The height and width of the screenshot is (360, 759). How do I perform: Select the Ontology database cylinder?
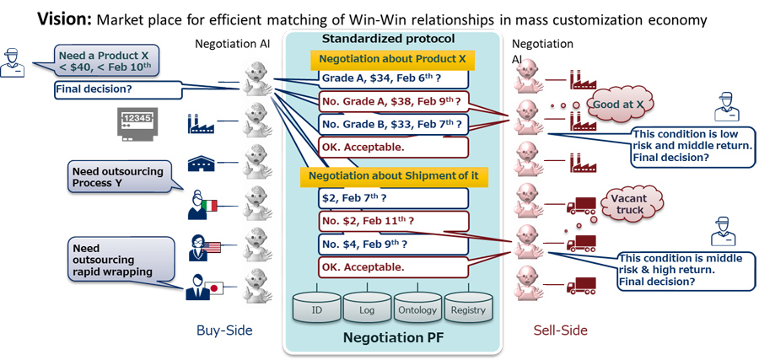[417, 309]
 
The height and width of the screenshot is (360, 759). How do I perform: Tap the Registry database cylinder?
[468, 309]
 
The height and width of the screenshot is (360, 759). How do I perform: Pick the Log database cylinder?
[368, 309]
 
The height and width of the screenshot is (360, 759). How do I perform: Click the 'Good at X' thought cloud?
[622, 104]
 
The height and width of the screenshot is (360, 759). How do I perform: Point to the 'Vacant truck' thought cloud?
[627, 203]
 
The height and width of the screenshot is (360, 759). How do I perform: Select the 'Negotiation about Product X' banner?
[392, 60]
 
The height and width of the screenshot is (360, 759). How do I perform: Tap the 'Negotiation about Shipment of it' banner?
[394, 175]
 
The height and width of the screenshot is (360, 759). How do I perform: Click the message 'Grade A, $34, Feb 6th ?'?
[393, 78]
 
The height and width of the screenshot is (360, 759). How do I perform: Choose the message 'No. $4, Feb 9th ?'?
[393, 244]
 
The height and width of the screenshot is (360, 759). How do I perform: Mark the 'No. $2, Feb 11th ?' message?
[393, 221]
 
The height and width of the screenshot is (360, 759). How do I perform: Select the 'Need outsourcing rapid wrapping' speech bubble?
[121, 260]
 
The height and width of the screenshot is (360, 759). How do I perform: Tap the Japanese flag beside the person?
[213, 288]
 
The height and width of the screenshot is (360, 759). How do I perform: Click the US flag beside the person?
[212, 248]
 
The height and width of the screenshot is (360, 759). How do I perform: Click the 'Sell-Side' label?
[561, 330]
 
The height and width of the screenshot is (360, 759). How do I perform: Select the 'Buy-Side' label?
[224, 331]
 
